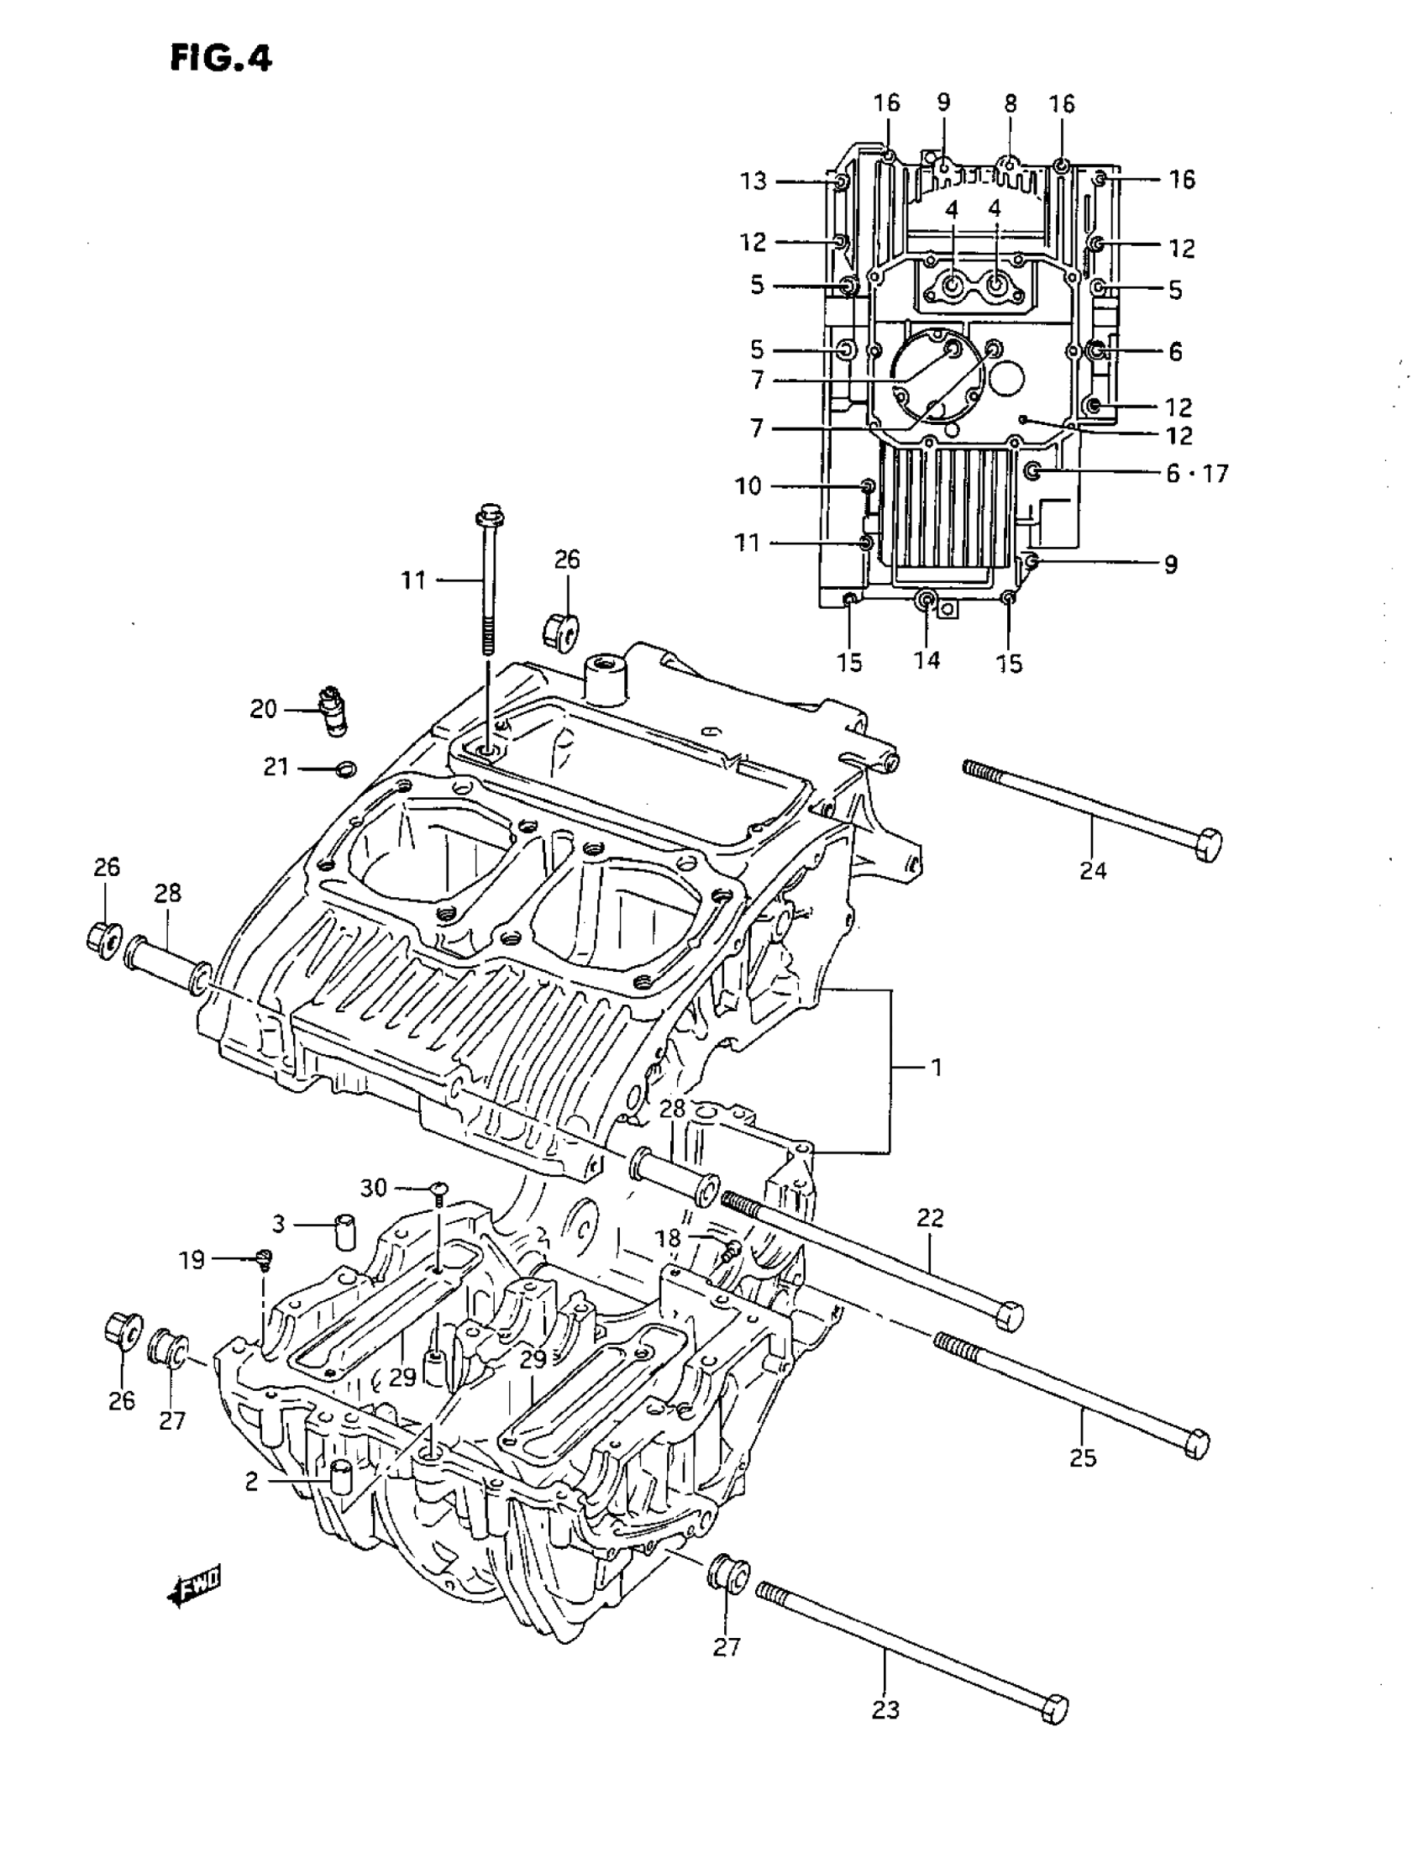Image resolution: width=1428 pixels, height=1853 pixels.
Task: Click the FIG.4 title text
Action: (x=221, y=59)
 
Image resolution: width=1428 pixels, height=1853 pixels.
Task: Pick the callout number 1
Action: (x=936, y=1068)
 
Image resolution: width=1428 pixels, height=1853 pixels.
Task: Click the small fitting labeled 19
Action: (x=264, y=1262)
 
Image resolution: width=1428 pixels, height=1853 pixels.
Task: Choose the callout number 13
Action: (x=753, y=181)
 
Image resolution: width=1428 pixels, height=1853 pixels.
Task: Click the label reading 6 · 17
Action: (x=1196, y=474)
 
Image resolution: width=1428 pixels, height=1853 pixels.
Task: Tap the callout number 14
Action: (x=927, y=659)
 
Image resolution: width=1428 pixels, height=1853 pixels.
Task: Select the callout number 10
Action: (x=748, y=486)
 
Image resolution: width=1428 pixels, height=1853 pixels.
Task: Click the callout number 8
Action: (x=1010, y=103)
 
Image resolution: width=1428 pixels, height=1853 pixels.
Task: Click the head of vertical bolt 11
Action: (x=490, y=514)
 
